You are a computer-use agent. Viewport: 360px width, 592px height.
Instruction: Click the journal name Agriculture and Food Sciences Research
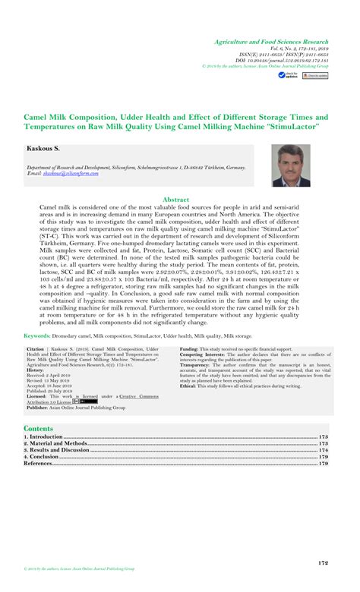pos(271,42)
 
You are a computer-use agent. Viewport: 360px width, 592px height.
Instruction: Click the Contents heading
pos(39,430)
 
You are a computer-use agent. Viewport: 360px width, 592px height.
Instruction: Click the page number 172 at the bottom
pos(323,563)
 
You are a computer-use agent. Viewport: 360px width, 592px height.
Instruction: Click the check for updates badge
pos(286,76)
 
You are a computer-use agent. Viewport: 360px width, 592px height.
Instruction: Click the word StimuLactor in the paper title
pos(290,127)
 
